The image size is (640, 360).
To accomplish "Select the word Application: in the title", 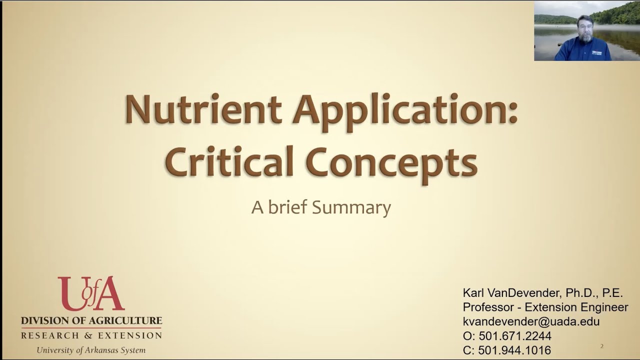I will [405, 110].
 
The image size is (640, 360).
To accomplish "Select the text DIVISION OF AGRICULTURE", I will [91, 320].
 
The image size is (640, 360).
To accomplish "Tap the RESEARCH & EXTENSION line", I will [91, 335].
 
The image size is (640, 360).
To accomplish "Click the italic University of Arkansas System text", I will [91, 350].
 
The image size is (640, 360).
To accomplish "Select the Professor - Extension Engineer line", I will [545, 307].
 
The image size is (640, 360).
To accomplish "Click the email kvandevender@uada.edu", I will [531, 321].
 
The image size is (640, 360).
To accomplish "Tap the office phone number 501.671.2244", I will [515, 336].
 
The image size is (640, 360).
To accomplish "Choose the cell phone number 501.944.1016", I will [514, 350].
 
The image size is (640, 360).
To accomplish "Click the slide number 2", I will [602, 346].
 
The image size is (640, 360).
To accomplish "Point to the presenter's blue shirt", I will [583, 51].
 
